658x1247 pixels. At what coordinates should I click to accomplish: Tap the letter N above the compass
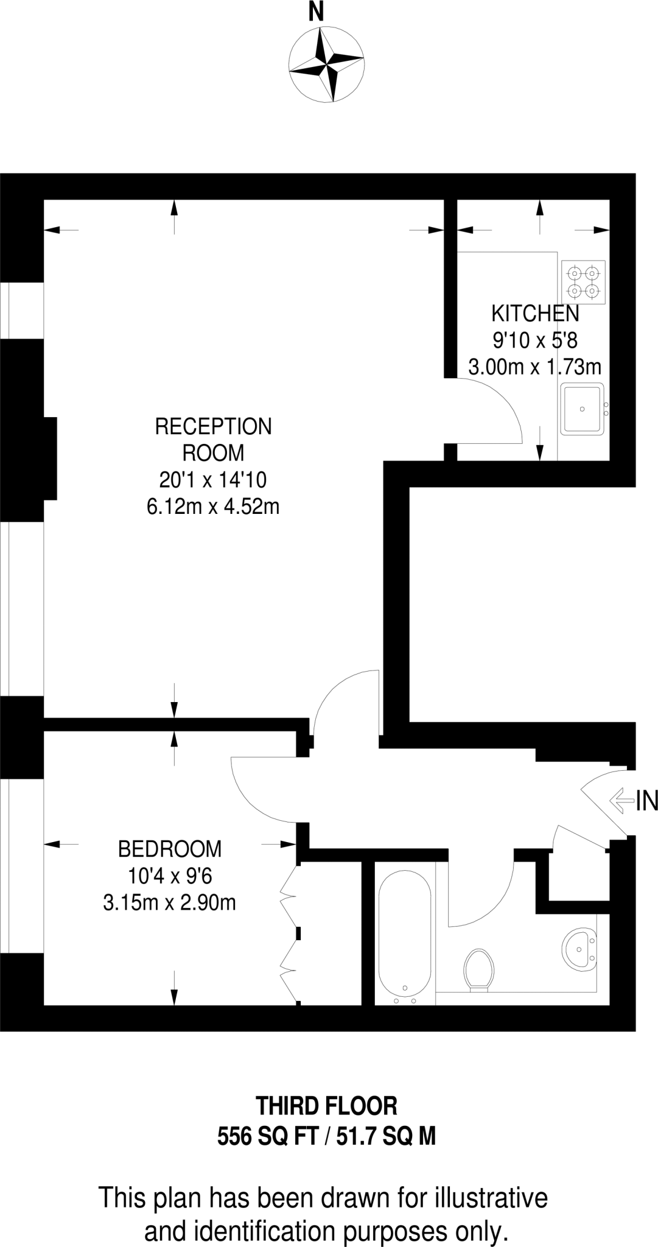(x=316, y=12)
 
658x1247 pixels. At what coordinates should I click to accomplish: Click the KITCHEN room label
(x=535, y=314)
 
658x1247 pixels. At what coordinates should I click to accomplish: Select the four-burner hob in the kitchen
(x=583, y=283)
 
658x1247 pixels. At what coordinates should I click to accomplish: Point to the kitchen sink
(x=582, y=409)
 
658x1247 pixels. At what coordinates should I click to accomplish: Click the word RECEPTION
(x=213, y=426)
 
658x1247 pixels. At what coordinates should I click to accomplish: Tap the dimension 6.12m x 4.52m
(x=213, y=507)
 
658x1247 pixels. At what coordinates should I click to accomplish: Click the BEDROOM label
(x=170, y=848)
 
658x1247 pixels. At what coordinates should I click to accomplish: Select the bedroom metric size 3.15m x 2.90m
(x=170, y=902)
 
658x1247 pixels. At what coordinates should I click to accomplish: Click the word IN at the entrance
(x=646, y=801)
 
